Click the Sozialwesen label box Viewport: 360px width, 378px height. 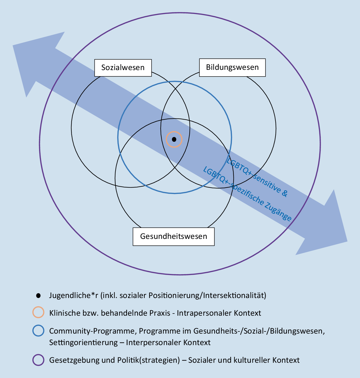[123, 68]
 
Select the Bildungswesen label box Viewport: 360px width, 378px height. [232, 67]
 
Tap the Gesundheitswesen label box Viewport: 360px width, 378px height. [174, 236]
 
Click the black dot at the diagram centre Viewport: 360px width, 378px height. [174, 139]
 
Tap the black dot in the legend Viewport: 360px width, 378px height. [38, 296]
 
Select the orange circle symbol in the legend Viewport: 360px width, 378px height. [38, 312]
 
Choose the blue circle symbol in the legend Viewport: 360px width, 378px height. [38, 331]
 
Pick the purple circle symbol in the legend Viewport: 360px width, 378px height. [38, 360]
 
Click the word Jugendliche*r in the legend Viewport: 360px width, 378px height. [74, 295]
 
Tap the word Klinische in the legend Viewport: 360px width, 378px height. [65, 313]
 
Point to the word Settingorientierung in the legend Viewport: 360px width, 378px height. [83, 343]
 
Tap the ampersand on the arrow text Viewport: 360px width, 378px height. [285, 193]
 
